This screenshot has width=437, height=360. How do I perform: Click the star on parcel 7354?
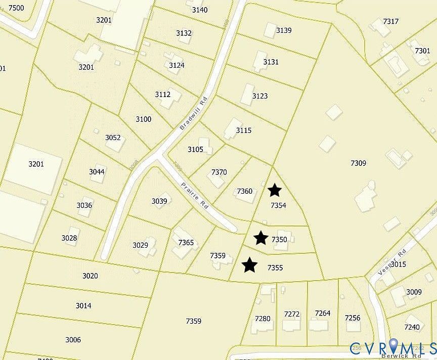(x=274, y=190)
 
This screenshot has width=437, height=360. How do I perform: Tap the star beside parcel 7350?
(x=260, y=238)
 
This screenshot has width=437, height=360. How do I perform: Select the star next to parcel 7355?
(x=249, y=264)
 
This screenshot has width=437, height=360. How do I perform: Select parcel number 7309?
(x=358, y=163)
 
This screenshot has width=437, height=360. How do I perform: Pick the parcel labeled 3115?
(x=243, y=130)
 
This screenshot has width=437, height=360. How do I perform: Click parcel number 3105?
(x=195, y=149)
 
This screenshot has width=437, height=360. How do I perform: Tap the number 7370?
(x=219, y=172)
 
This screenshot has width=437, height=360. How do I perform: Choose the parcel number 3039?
(x=159, y=201)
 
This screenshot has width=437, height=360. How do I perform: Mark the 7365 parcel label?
(x=186, y=243)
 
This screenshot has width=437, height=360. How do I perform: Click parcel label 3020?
(x=90, y=276)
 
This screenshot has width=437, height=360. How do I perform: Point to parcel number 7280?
(x=263, y=319)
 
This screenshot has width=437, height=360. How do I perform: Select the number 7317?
(x=391, y=21)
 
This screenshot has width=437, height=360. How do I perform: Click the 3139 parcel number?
(x=284, y=30)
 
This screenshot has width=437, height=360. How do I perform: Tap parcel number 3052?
(x=113, y=138)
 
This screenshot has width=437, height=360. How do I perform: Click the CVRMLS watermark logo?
(x=392, y=348)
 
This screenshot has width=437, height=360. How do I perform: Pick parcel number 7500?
(x=16, y=8)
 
